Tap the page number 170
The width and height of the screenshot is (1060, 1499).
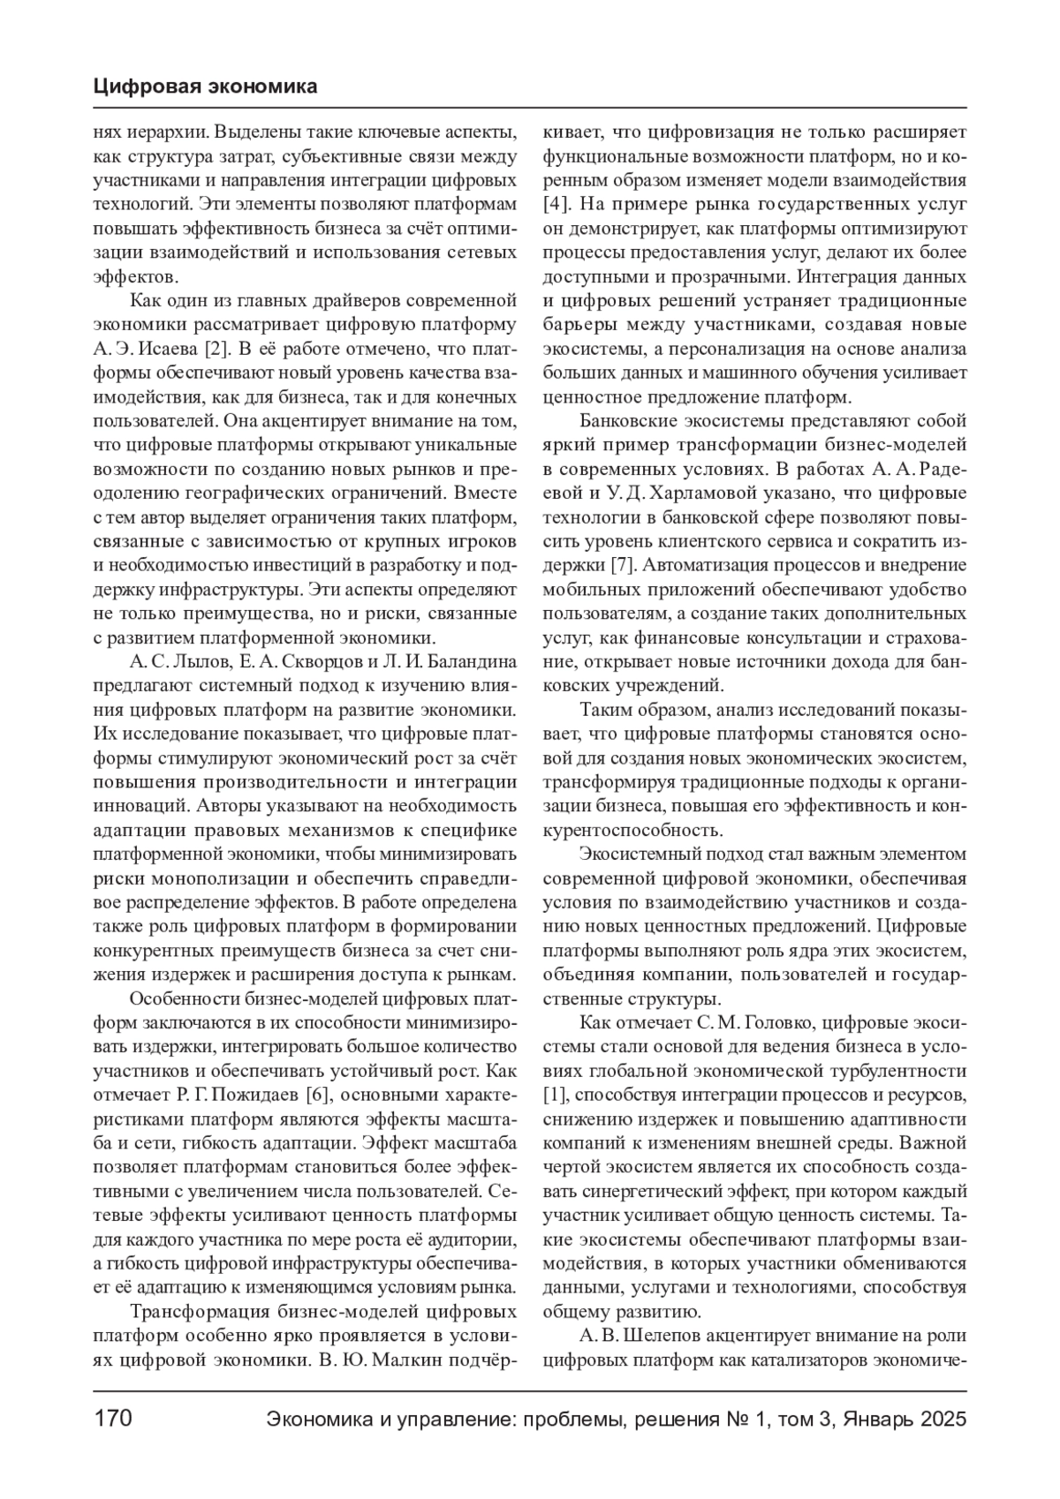click(112, 1419)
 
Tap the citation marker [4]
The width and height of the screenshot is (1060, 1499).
click(556, 203)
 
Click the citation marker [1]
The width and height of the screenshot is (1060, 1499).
click(556, 1096)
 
